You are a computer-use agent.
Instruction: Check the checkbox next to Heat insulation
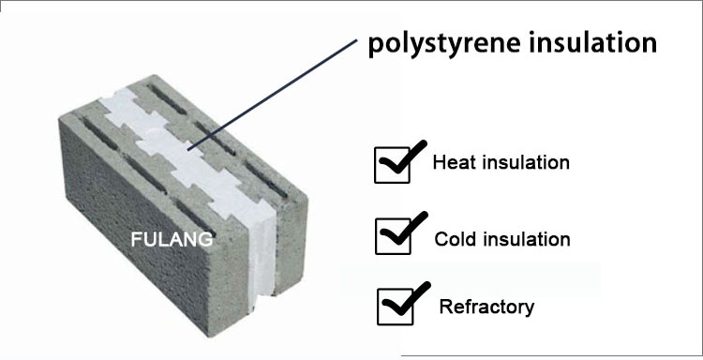pyautogui.click(x=390, y=166)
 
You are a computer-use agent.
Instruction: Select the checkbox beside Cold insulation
pyautogui.click(x=391, y=237)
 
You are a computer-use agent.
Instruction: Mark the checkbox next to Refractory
pyautogui.click(x=394, y=307)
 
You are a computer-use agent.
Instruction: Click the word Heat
pyautogui.click(x=452, y=162)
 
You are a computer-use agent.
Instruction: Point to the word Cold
pyautogui.click(x=454, y=239)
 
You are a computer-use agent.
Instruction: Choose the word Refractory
pyautogui.click(x=486, y=307)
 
